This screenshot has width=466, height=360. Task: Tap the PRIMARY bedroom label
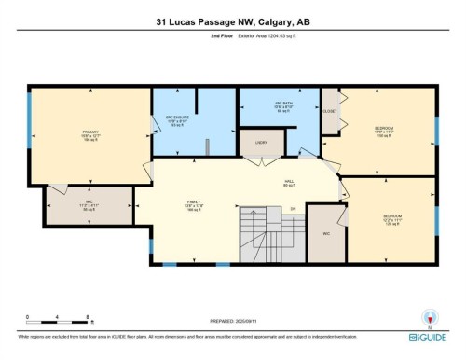coord(90,134)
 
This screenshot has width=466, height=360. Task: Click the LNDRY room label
coord(261,143)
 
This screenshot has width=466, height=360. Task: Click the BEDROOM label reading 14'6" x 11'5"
coord(385,130)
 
